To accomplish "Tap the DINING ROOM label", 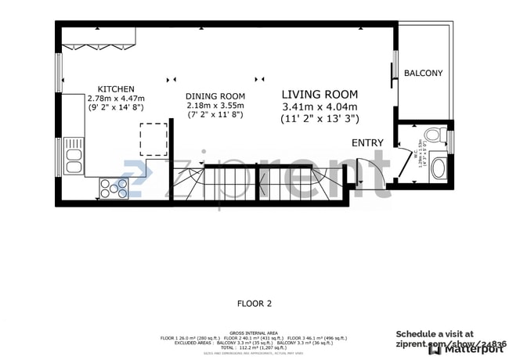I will [215, 96].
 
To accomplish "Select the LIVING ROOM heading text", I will [319, 94].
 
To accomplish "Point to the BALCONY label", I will [423, 74].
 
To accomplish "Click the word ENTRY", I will [368, 142].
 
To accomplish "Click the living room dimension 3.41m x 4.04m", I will [319, 107].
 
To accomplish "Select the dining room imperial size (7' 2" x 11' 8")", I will [215, 115].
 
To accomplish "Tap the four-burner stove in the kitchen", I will [114, 187].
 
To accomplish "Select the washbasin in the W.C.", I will [439, 167].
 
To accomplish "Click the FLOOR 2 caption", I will [254, 302].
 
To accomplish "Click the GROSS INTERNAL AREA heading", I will [254, 333].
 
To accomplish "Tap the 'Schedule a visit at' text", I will [435, 333].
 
